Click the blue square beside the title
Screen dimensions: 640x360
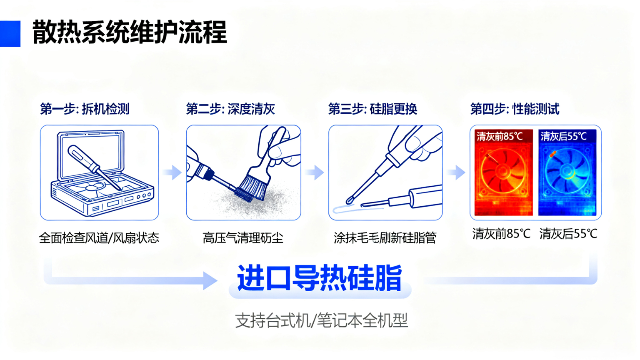pos(10,33)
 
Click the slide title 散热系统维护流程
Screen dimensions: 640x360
pos(130,32)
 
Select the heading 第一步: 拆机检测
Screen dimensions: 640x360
pos(85,109)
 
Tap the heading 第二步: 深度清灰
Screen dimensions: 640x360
pos(230,109)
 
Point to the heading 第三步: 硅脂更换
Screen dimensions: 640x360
pos(372,109)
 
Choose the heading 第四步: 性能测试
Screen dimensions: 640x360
pos(515,109)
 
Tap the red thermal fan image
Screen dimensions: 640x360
pos(503,172)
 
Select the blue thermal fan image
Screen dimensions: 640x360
pos(567,172)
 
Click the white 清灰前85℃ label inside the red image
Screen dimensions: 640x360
pos(500,137)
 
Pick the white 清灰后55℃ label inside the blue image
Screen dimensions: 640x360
pos(563,137)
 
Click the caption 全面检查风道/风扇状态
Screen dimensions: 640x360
pos(99,238)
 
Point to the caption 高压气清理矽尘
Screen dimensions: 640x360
pos(243,238)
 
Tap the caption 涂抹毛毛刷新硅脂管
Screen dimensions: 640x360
pos(385,238)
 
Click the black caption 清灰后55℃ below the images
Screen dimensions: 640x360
pos(568,234)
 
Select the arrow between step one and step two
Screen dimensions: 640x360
pos(172,172)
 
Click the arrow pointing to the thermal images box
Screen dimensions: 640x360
pos(456,172)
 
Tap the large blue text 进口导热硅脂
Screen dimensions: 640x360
pos(320,278)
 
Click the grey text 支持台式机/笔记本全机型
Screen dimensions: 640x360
pos(321,320)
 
